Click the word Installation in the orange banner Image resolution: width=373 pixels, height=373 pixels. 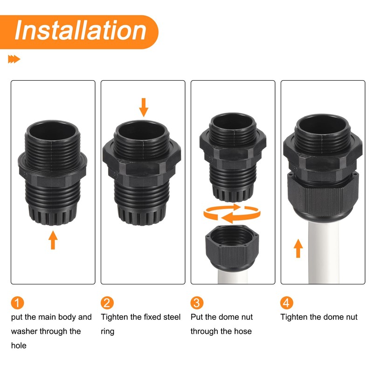point(80,30)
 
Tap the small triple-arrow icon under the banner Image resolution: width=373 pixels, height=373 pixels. point(14,59)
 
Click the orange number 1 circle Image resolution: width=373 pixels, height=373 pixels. point(17,303)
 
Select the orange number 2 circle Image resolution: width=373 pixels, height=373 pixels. point(107,303)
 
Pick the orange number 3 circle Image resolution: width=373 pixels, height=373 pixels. point(197,303)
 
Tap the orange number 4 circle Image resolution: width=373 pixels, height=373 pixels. point(287,303)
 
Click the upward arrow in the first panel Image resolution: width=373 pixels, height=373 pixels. point(53,241)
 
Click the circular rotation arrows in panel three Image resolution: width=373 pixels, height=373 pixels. point(231,214)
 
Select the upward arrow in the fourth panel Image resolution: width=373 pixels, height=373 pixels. point(298,248)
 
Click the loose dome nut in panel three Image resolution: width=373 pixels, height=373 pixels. point(232,249)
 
